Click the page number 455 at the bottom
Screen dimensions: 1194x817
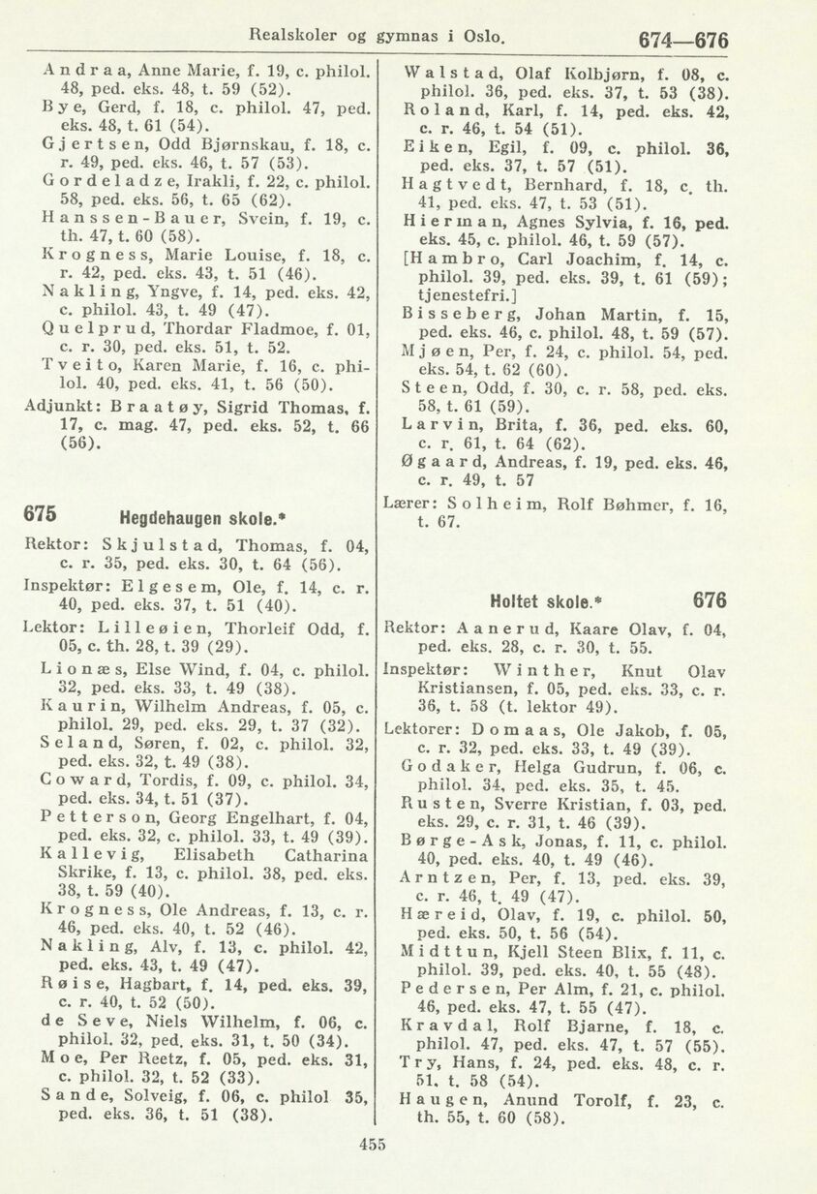(372, 1143)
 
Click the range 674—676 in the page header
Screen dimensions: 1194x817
(683, 41)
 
